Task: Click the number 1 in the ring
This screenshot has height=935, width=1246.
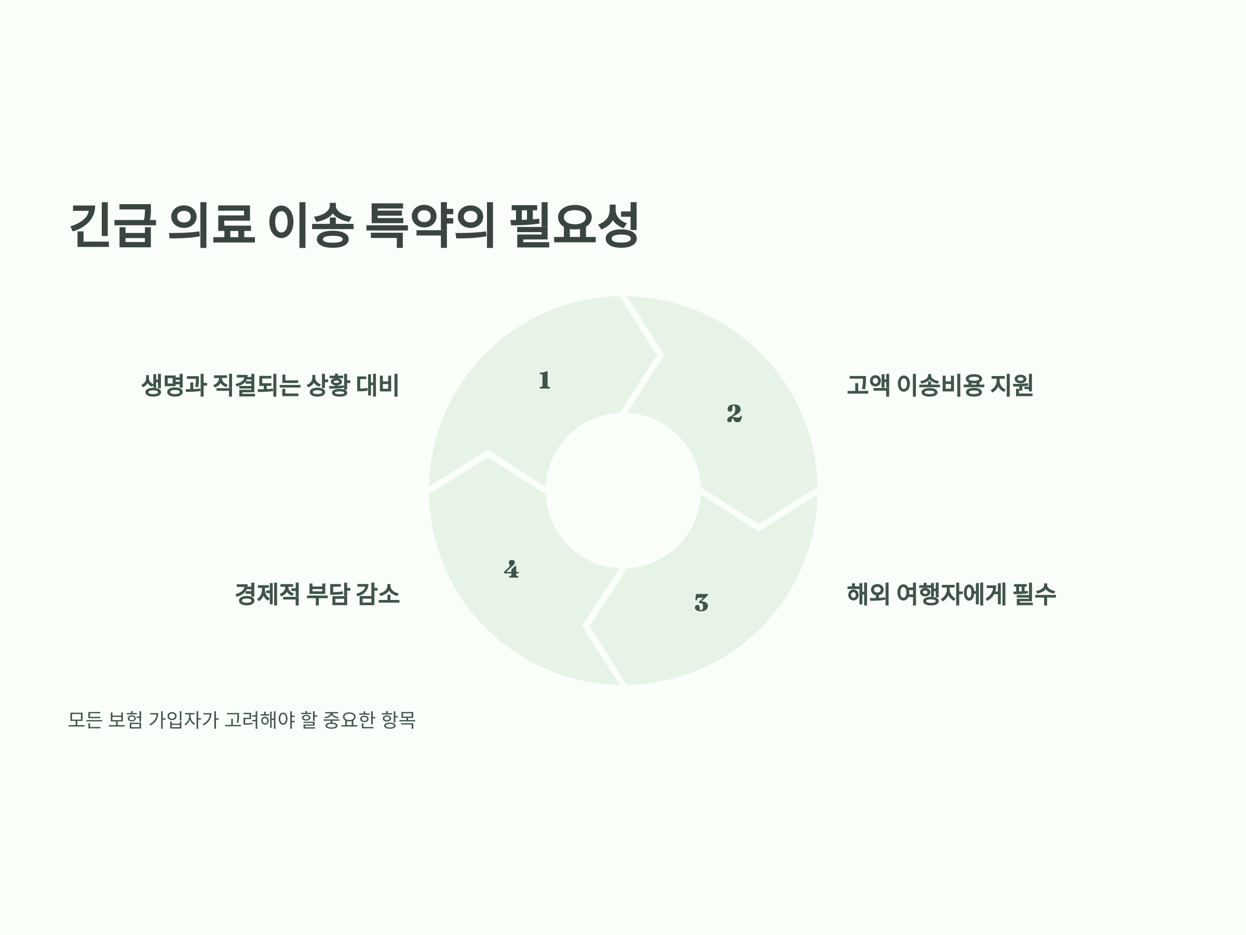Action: tap(544, 380)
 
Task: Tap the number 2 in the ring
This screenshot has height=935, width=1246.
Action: tap(734, 413)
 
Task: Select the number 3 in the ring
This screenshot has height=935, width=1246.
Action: tap(701, 603)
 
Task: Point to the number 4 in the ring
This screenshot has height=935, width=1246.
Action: tap(511, 570)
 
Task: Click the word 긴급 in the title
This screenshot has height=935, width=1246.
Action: tap(112, 225)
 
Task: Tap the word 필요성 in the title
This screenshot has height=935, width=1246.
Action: tap(575, 225)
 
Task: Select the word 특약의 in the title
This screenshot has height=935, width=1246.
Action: tap(430, 225)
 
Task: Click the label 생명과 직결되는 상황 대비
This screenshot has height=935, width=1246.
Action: tap(270, 385)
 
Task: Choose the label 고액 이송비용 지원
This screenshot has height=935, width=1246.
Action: tap(940, 385)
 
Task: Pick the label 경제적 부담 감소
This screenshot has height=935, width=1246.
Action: tap(317, 594)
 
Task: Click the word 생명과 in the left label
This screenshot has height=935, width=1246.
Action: tap(173, 385)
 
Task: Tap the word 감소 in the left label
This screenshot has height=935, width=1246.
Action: tap(377, 594)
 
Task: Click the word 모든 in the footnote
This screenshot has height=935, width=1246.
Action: tap(85, 720)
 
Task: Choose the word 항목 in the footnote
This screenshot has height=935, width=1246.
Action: tap(398, 720)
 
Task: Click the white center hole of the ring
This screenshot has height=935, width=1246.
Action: tap(623, 490)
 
